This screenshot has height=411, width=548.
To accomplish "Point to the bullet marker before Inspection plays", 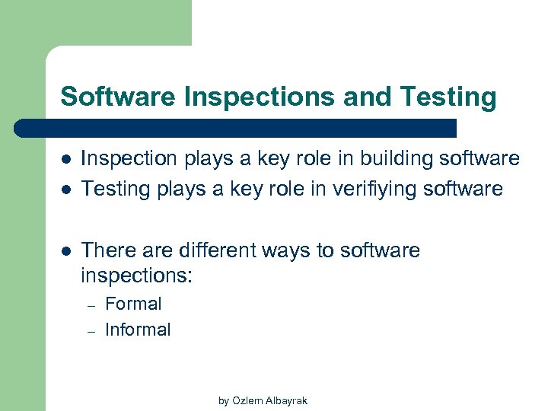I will pyautogui.click(x=66, y=159).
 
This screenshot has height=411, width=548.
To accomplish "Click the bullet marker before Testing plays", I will pyautogui.click(x=66, y=189).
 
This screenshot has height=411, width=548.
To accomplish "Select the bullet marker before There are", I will pyautogui.click(x=66, y=251).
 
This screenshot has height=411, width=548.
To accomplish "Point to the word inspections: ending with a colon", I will pyautogui.click(x=137, y=275).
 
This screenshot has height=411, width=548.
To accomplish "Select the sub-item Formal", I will pyautogui.click(x=133, y=304).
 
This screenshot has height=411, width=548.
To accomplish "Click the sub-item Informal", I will pyautogui.click(x=138, y=330).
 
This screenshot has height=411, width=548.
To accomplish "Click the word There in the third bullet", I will pyautogui.click(x=107, y=250).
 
